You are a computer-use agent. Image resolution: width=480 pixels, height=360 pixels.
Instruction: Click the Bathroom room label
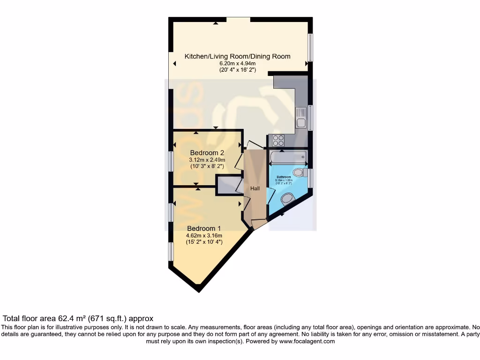point(284,177)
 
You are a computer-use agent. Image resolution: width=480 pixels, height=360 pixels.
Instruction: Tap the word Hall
point(255,188)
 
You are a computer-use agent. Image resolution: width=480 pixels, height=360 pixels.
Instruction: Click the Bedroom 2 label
point(207,153)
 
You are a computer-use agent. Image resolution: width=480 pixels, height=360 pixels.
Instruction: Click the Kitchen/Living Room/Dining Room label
point(237,56)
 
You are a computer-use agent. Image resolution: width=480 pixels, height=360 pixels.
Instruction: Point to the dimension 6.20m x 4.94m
point(237,63)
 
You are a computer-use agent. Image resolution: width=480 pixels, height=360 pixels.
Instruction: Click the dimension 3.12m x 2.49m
point(207,160)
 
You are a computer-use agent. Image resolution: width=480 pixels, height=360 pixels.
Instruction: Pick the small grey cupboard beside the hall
point(228,185)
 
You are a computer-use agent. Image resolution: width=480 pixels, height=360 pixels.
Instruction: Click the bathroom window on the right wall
point(310,179)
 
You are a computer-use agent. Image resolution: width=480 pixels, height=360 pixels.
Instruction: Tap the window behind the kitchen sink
point(310,118)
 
